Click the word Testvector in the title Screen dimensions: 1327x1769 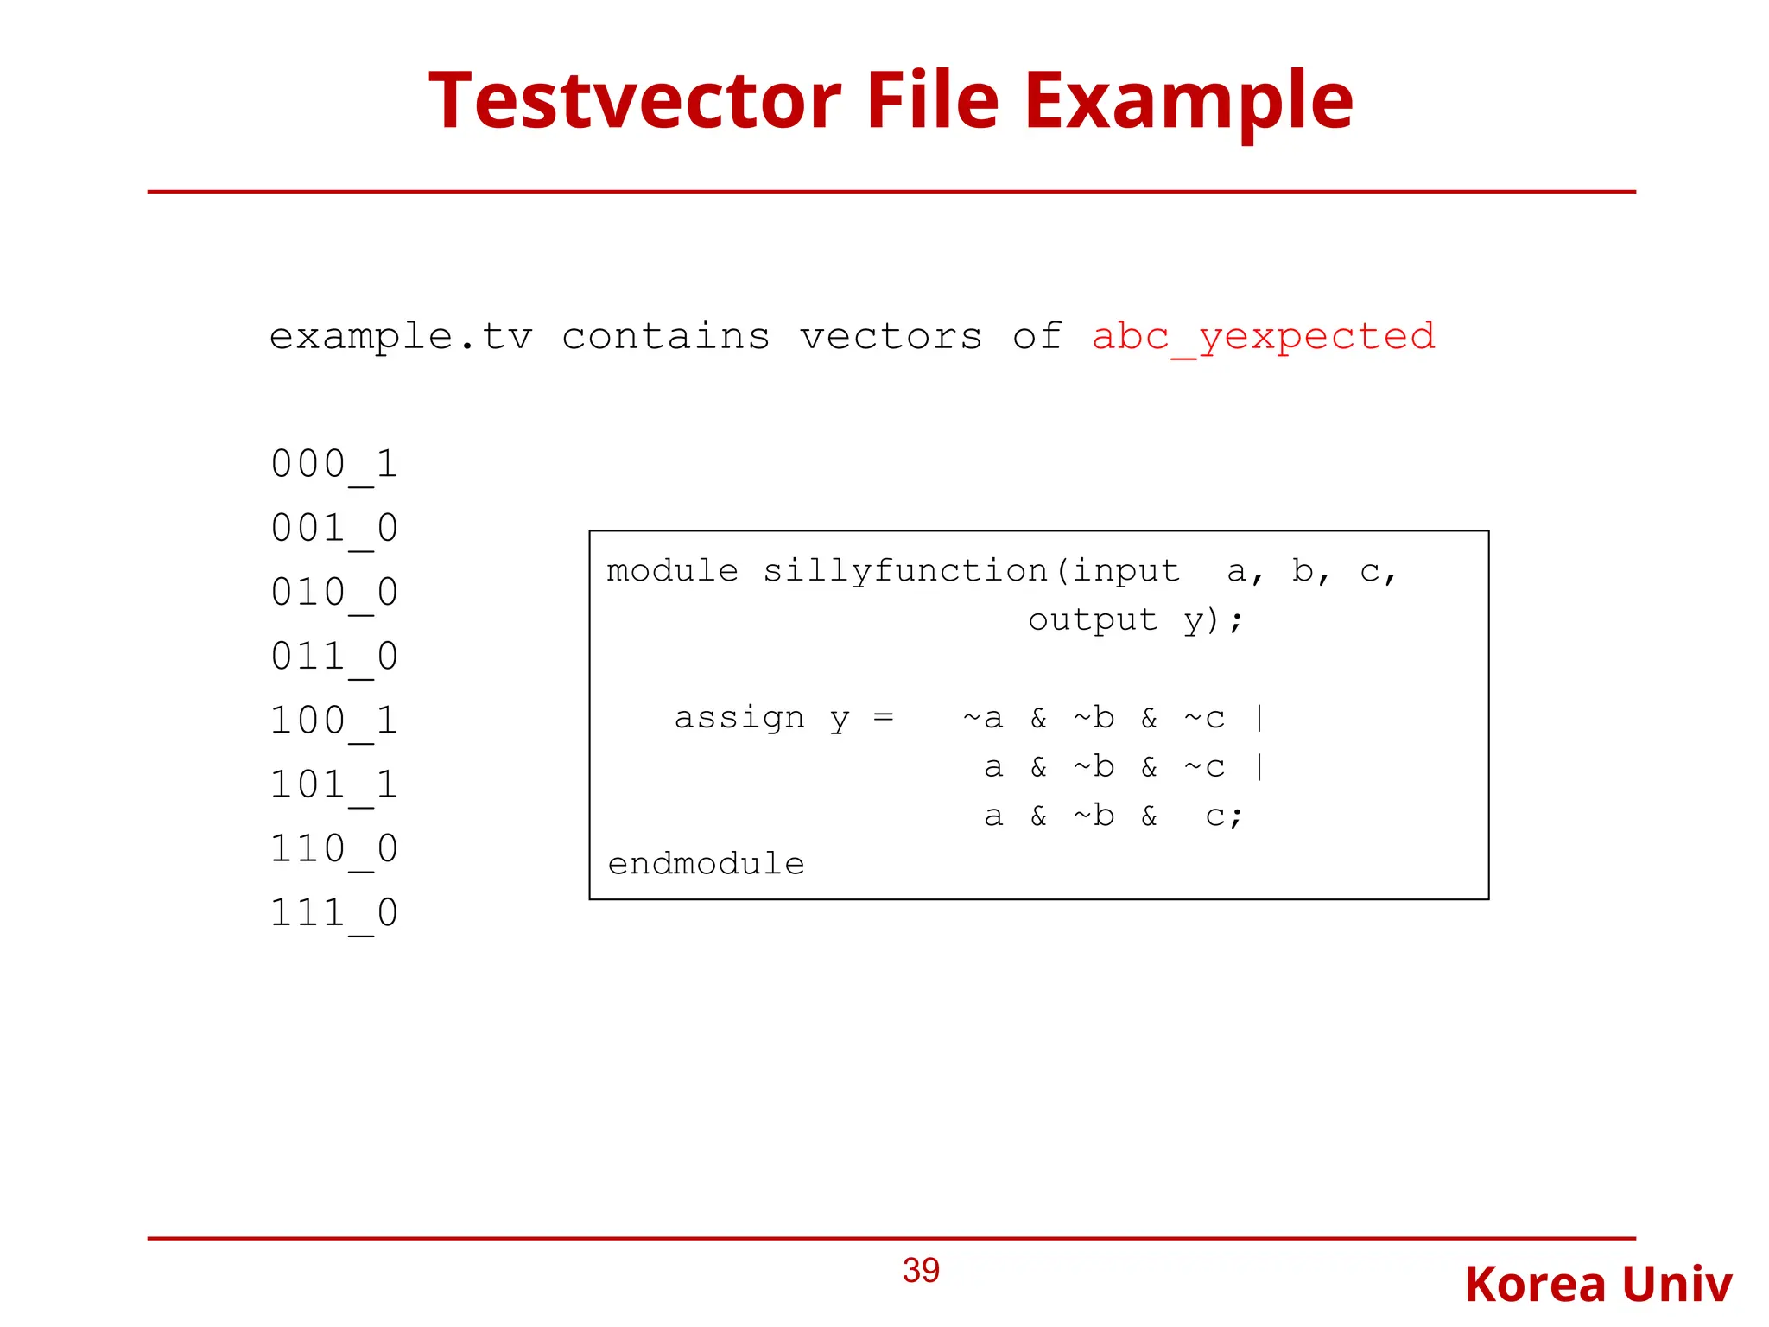point(635,101)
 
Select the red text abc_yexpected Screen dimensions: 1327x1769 point(1263,336)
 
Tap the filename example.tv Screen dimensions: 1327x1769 point(401,336)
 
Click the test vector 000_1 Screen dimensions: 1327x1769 point(334,464)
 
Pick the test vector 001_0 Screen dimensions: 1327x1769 point(334,528)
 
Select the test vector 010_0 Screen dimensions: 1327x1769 point(334,592)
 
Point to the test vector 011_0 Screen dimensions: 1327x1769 point(334,656)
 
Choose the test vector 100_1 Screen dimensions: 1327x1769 point(334,720)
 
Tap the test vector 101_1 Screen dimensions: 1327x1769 point(334,784)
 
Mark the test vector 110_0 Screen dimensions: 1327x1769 point(334,848)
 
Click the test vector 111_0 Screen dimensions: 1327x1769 point(334,912)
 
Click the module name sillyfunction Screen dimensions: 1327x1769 point(904,571)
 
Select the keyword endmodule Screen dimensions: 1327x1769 point(706,863)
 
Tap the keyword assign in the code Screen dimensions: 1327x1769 point(739,717)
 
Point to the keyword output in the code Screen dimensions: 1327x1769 point(1093,619)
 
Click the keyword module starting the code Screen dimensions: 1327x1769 point(672,571)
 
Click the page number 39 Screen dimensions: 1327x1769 point(921,1270)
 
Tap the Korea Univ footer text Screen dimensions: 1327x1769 point(1598,1284)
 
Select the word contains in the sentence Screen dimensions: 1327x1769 point(665,336)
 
